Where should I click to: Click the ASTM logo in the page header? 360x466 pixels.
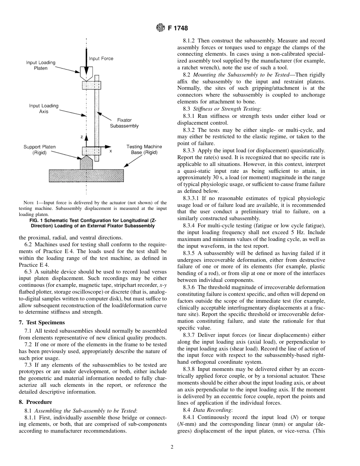coord(161,28)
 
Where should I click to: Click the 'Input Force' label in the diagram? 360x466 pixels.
coord(101,59)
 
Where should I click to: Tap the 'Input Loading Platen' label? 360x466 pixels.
coord(41,65)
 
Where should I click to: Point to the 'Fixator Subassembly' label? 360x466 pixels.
coord(124,123)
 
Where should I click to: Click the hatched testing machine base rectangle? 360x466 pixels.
coord(86,175)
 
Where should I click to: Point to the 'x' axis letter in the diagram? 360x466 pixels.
coord(111,151)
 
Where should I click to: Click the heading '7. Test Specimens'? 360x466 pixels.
coord(42,322)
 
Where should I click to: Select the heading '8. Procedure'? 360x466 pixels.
coord(35,402)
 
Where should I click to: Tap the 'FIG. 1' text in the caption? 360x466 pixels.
coord(36,220)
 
